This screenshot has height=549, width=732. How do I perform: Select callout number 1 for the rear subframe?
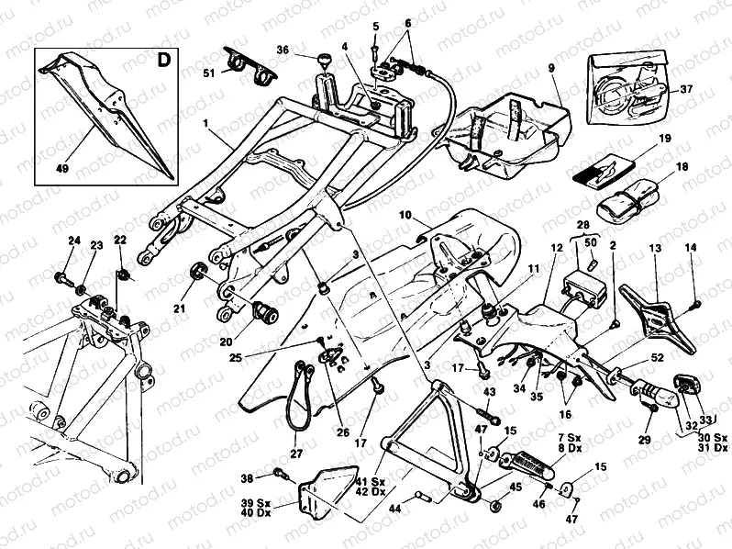pyautogui.click(x=206, y=122)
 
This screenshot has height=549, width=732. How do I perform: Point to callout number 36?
pyautogui.click(x=283, y=50)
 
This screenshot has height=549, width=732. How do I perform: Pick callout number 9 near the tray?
pyautogui.click(x=550, y=68)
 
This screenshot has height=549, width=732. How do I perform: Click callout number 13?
pyautogui.click(x=654, y=248)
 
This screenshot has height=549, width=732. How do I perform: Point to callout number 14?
pyautogui.click(x=692, y=248)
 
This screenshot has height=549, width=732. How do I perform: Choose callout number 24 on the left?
pyautogui.click(x=74, y=241)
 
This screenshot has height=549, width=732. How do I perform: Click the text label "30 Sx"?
pyautogui.click(x=703, y=438)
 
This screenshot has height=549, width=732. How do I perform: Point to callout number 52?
pyautogui.click(x=657, y=358)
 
